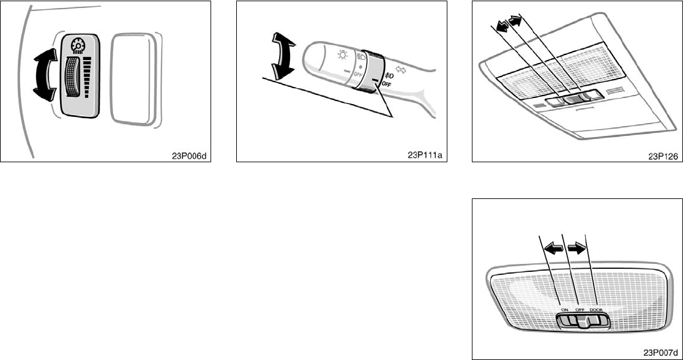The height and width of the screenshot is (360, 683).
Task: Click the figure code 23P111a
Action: pyautogui.click(x=426, y=156)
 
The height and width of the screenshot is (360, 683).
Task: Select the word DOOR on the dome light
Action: pyautogui.click(x=597, y=311)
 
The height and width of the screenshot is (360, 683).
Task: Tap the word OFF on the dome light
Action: pyautogui.click(x=580, y=311)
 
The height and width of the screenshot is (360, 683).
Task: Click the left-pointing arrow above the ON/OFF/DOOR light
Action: pyautogui.click(x=554, y=249)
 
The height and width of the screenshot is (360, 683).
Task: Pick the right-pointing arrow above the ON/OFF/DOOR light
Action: pyautogui.click(x=577, y=249)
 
